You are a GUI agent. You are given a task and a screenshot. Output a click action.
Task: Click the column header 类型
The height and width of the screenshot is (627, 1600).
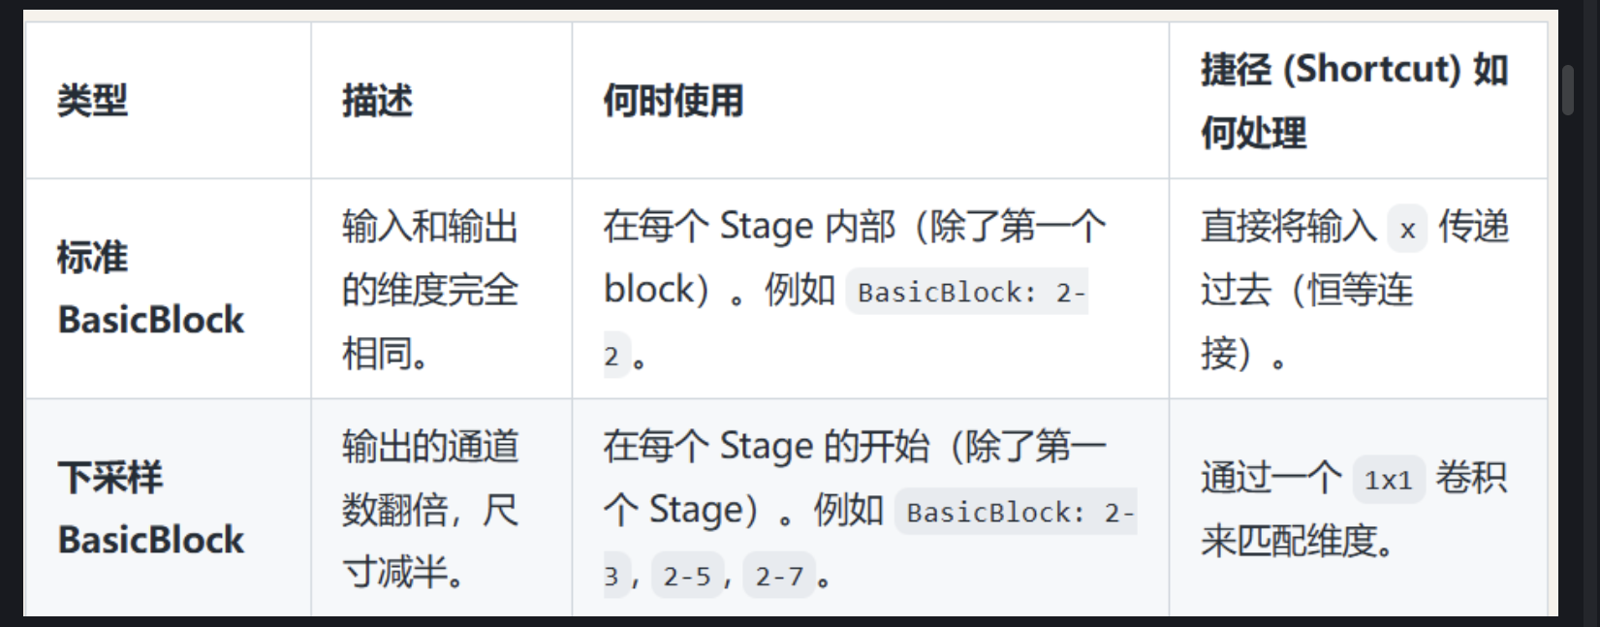point(92,101)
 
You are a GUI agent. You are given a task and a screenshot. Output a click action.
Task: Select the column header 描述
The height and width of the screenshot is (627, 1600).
point(377,101)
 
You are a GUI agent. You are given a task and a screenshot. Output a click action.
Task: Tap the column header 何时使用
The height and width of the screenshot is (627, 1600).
point(673,101)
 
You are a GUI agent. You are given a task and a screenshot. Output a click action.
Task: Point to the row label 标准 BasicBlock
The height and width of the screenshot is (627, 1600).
point(150,289)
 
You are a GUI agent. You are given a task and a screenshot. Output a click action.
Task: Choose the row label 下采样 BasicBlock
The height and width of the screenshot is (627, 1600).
point(150,509)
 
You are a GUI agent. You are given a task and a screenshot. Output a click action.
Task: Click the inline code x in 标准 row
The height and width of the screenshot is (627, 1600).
point(1407,230)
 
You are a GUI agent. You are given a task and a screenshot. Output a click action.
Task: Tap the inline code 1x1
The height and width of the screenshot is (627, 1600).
point(1388,480)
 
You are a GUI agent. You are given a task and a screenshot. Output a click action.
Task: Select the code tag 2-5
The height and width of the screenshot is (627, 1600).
point(687,577)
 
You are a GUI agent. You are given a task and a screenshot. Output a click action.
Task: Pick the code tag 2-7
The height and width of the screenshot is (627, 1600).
point(779,577)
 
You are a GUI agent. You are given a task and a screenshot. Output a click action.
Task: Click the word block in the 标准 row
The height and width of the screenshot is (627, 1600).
point(648,289)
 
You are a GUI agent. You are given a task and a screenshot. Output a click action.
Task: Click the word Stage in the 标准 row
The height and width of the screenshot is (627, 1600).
point(767,227)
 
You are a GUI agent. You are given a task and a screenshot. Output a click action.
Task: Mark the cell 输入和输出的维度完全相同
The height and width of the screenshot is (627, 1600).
point(429,289)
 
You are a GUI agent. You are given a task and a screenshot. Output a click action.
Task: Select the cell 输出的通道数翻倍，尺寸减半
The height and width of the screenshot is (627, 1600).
point(429,509)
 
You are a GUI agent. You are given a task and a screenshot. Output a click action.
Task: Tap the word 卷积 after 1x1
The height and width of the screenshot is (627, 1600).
point(1470,478)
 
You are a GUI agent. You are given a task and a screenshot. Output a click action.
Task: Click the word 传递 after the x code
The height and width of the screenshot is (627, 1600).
point(1473,227)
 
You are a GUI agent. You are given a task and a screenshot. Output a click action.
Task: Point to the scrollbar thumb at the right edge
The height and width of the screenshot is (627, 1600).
point(1568,90)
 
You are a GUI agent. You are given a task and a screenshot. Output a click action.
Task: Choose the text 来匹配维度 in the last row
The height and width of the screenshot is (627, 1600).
point(1289,541)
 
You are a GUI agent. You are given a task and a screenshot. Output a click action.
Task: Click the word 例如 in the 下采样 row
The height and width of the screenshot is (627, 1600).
point(848,509)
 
